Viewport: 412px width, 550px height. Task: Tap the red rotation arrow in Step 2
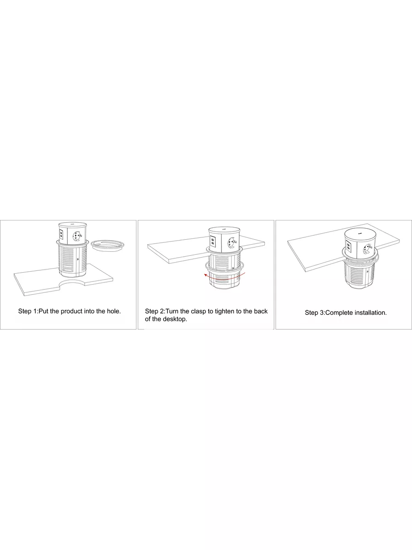225,278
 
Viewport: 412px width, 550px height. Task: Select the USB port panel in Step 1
61,235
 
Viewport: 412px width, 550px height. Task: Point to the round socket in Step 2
232,243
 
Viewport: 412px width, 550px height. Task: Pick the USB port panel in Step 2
212,242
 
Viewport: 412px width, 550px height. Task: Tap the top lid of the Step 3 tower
360,234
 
